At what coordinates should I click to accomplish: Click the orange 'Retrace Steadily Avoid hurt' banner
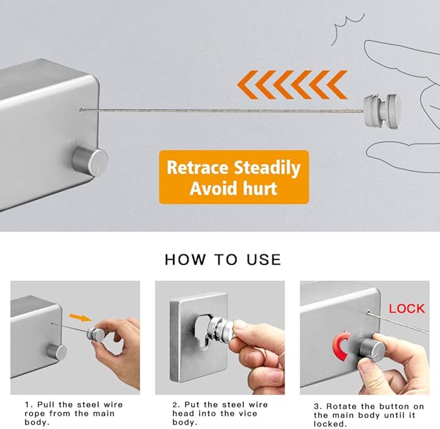[x=233, y=177]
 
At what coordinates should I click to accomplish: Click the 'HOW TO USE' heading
[x=223, y=259]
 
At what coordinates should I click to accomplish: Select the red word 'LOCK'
[x=406, y=308]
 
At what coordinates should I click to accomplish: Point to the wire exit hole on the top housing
[x=80, y=110]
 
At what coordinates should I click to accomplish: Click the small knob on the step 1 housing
[x=56, y=351]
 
